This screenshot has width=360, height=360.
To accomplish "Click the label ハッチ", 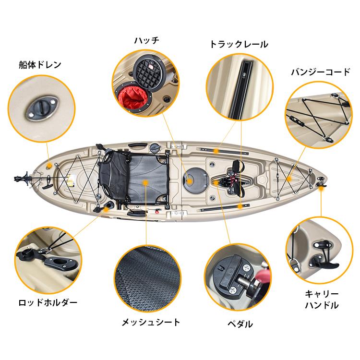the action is point(147,41).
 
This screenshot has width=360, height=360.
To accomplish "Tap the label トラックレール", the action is point(239,44).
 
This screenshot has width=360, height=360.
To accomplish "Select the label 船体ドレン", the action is point(40,65).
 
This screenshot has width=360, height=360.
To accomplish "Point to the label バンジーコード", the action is point(321,72).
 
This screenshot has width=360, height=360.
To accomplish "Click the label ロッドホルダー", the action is point(48,302).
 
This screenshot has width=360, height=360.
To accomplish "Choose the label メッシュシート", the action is point(151,323).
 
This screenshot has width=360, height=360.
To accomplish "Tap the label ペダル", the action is point(240,324).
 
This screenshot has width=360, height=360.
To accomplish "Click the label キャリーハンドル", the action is point(322,300).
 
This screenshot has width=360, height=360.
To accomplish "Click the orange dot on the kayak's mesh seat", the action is point(145,182).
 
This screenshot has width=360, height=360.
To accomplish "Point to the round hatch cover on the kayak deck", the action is point(195,180).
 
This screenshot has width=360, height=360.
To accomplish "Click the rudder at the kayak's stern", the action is point(23,178).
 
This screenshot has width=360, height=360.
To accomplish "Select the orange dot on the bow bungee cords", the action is point(289,179).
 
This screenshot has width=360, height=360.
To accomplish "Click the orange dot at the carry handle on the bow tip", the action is point(321,188).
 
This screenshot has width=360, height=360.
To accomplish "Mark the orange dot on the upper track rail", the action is point(216,151).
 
